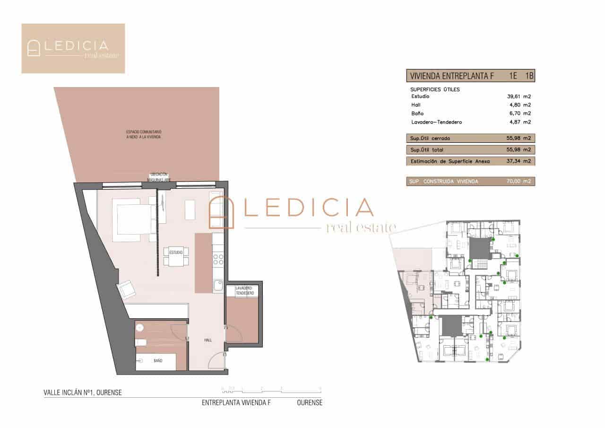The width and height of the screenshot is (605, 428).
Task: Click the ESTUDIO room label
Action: point(176,253)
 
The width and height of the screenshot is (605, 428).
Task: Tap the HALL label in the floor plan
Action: point(208,340)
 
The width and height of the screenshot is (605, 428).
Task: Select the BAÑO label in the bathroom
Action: point(158,361)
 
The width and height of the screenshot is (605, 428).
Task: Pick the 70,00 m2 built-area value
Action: point(519,181)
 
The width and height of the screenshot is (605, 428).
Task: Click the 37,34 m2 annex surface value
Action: point(519,161)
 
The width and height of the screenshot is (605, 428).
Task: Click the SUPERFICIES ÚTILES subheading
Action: point(435,89)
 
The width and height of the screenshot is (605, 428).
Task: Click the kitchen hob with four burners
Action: point(218,259)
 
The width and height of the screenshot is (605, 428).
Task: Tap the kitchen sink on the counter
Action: point(218,285)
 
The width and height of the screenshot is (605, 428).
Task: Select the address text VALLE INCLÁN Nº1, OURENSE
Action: point(83,392)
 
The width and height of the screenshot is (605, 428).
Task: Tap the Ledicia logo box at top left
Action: point(73,48)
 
